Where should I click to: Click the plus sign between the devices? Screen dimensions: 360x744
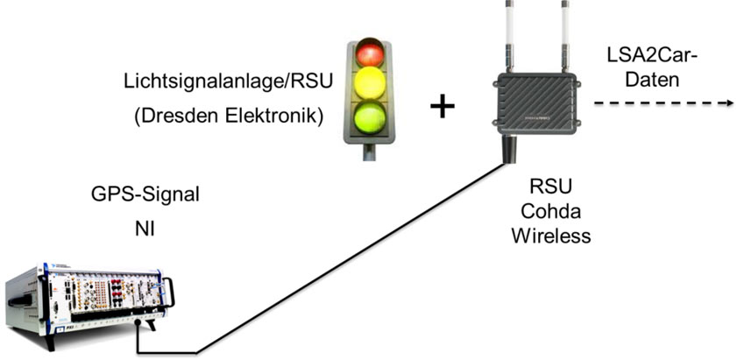443,107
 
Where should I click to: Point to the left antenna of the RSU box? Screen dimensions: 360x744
509,35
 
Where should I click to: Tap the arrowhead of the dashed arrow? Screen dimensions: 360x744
727,103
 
